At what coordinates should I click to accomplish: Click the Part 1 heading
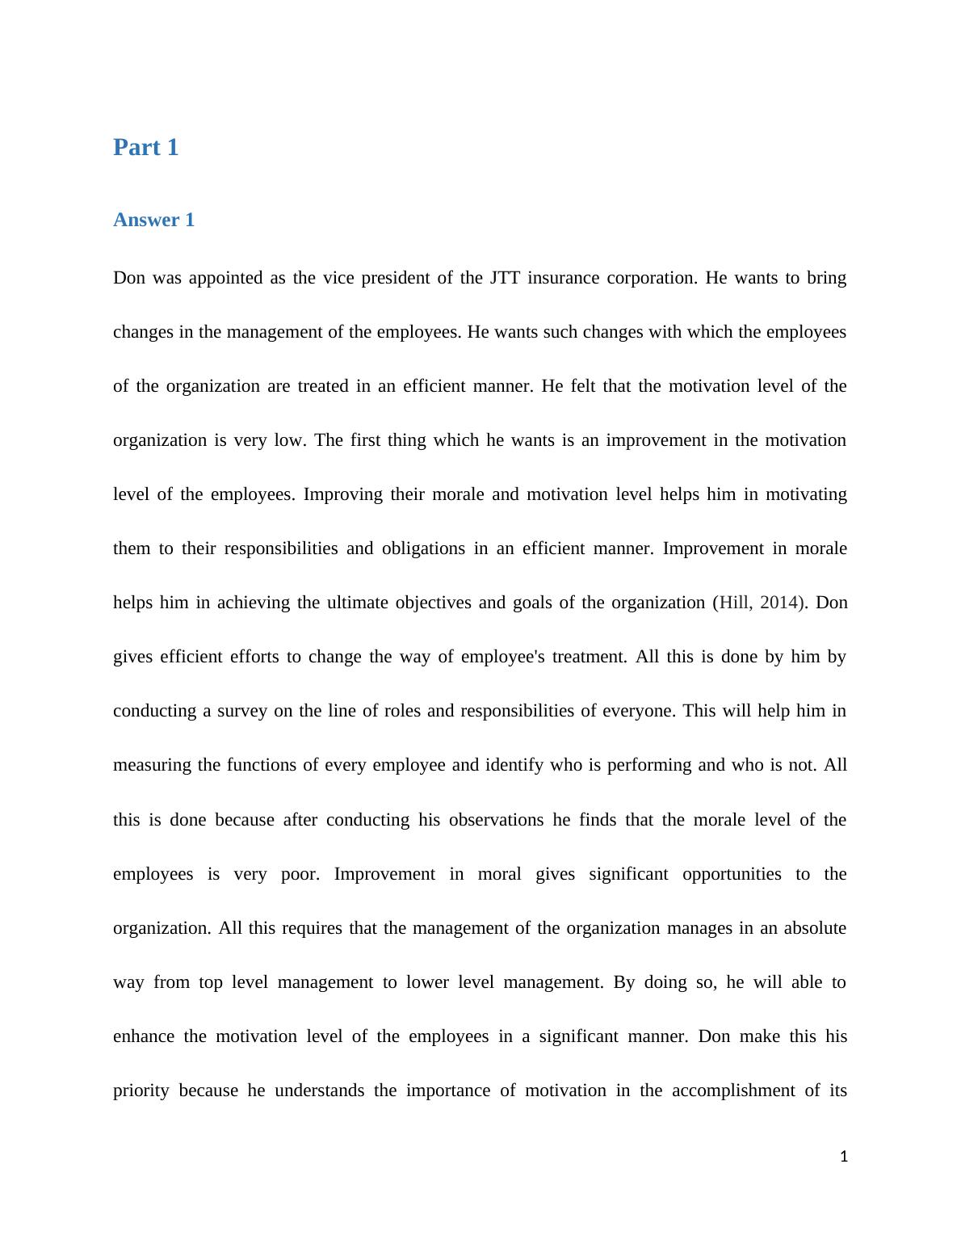point(145,148)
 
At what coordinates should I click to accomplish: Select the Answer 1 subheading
point(153,221)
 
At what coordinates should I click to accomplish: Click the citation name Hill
point(734,603)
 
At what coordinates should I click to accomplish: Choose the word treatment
point(590,657)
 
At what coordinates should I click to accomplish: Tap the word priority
point(141,1091)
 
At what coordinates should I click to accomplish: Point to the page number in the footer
point(844,1157)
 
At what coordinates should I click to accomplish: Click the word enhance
point(143,1036)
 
